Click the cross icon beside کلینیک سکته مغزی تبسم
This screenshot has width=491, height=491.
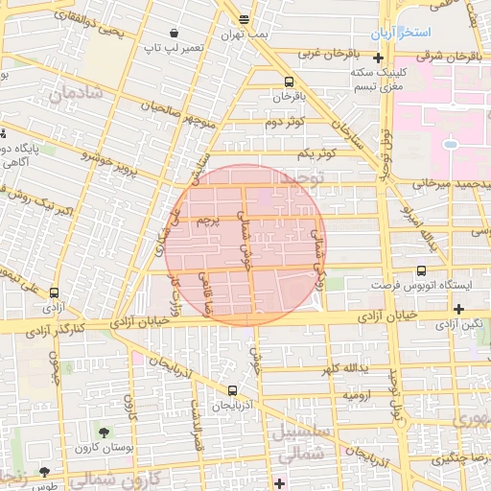380,58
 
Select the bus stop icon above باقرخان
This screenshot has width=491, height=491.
290,82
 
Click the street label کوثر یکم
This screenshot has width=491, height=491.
314,153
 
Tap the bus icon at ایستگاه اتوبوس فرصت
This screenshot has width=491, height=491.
421,271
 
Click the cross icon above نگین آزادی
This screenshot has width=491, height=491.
459,309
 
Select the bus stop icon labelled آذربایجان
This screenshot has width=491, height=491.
233,390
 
